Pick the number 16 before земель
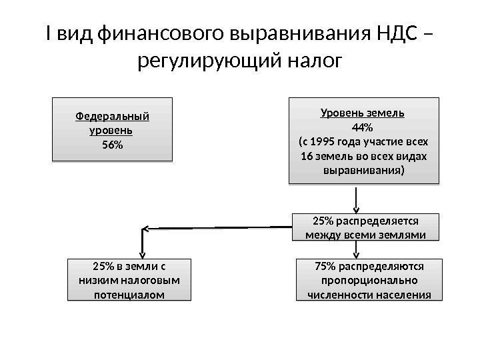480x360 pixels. point(308,156)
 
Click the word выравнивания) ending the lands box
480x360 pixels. point(363,170)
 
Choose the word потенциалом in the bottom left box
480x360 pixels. point(129,295)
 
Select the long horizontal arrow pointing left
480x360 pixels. point(220,228)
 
